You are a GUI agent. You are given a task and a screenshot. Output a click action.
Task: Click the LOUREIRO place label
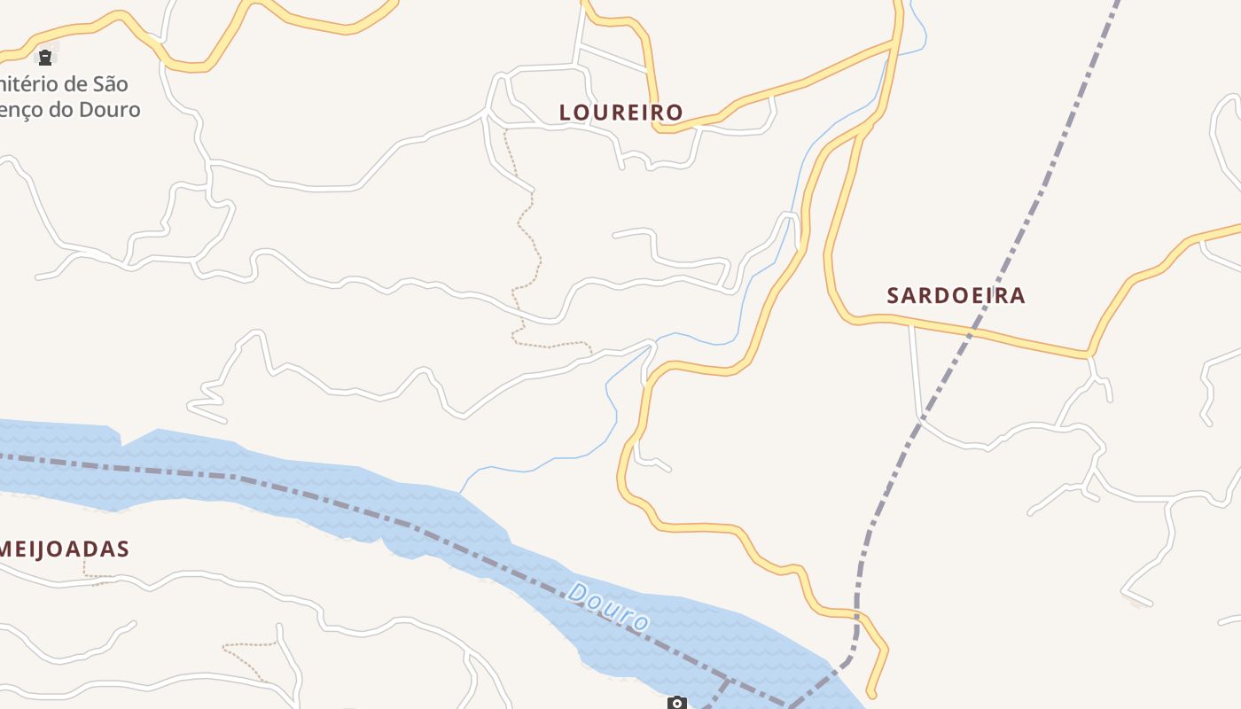point(620,113)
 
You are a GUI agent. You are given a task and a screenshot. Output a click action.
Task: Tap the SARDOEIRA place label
point(956,296)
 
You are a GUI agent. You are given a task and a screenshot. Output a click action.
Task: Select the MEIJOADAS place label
point(64,549)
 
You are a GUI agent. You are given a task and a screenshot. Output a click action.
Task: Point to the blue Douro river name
point(609,607)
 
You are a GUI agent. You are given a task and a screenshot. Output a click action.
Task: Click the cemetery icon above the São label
point(44,58)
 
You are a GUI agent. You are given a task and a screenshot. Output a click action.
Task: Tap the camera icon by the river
point(677,704)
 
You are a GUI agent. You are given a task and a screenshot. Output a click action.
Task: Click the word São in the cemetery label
point(108,85)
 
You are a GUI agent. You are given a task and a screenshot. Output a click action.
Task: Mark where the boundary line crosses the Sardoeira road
point(973,331)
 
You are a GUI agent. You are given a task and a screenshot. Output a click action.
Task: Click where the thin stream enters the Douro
point(460,492)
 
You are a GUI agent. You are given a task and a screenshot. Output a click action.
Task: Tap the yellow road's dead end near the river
point(871,694)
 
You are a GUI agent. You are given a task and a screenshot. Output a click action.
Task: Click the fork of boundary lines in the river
point(727,681)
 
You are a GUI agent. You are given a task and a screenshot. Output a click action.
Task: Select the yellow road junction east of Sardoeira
point(1089,354)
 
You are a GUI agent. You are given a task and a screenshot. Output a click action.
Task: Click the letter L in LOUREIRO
point(566,113)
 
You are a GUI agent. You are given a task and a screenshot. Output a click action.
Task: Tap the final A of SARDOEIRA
point(1018,296)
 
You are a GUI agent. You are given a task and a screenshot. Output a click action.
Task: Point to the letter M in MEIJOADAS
point(8,549)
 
